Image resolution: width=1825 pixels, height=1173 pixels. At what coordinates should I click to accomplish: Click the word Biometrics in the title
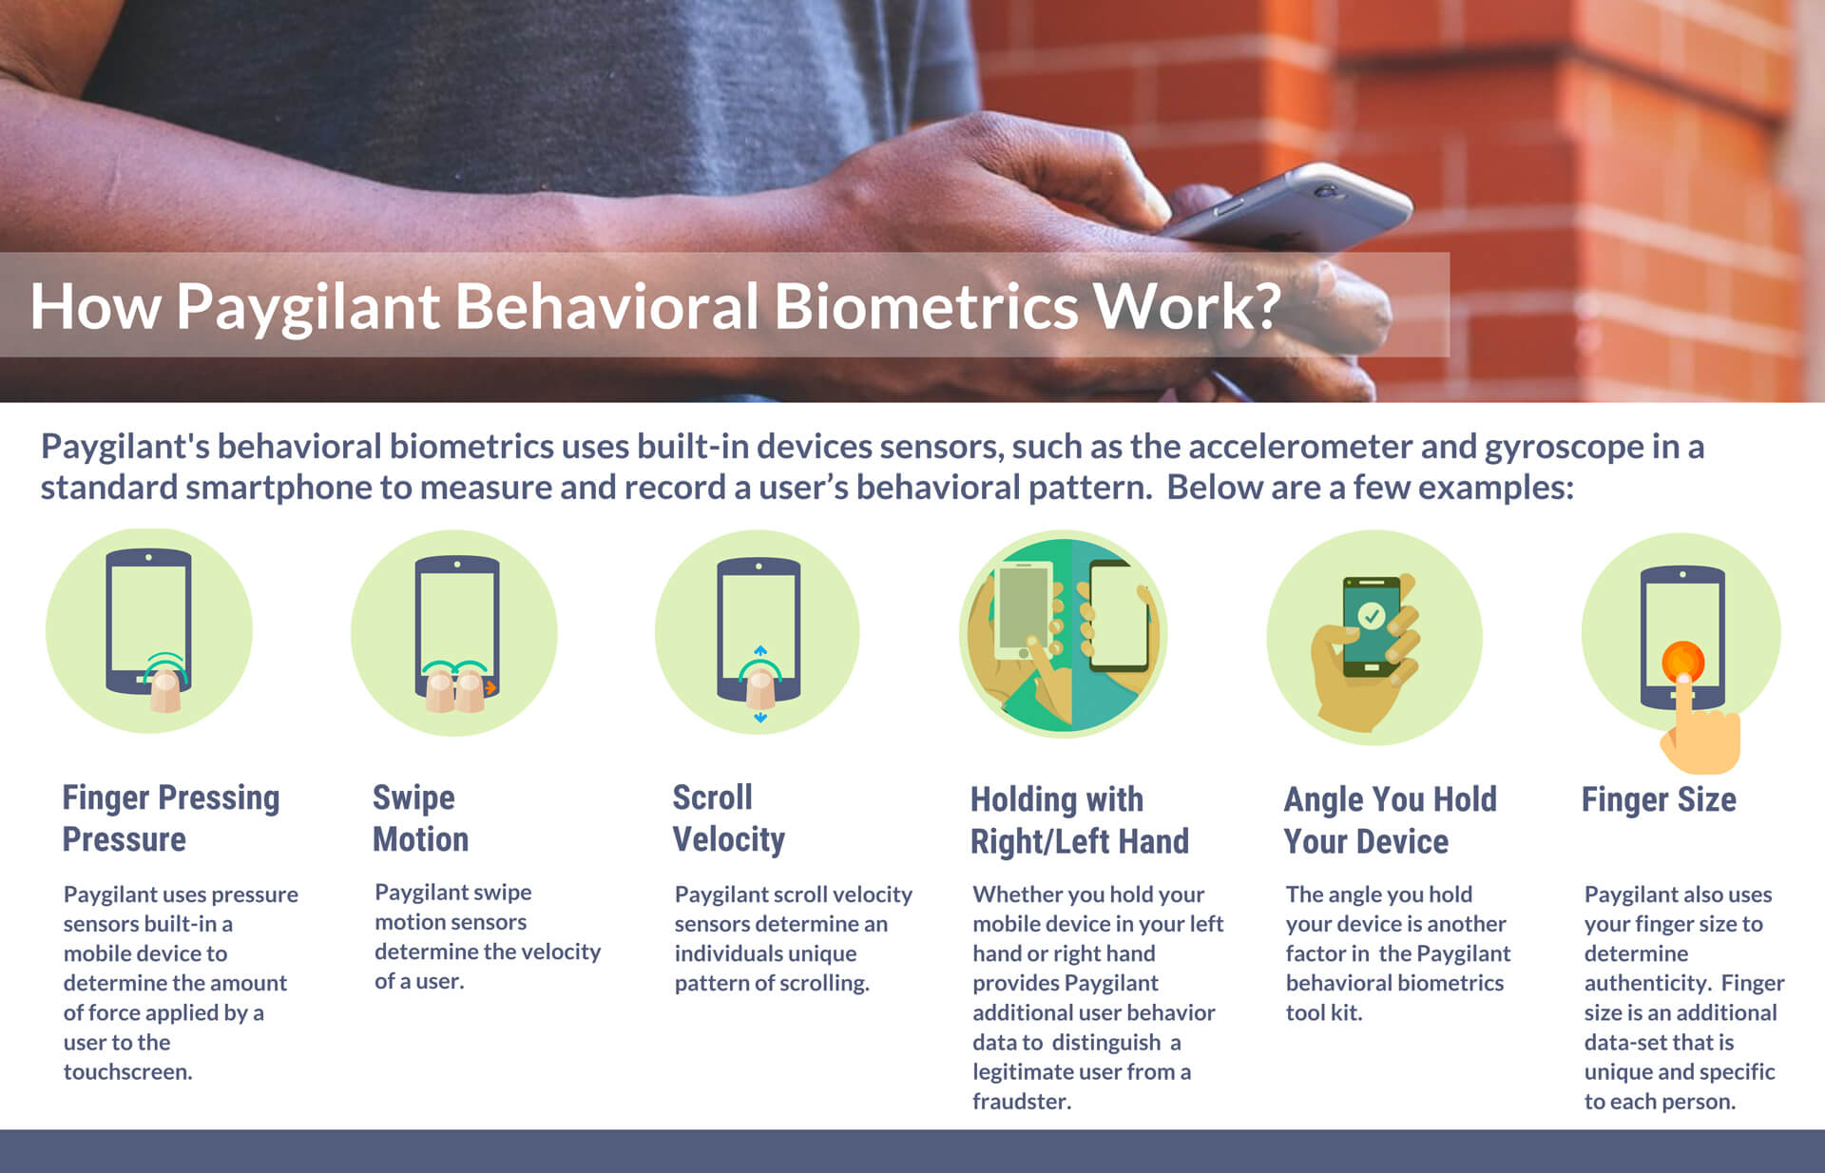[x=926, y=306]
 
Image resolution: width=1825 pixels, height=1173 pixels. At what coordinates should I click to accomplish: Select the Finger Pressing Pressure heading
[x=171, y=818]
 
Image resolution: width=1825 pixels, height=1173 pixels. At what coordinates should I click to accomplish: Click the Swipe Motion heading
[x=420, y=818]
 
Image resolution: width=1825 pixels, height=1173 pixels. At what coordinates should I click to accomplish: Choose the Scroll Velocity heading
[x=729, y=818]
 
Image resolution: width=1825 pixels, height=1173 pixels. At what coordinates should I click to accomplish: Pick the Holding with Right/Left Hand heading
[x=1080, y=820]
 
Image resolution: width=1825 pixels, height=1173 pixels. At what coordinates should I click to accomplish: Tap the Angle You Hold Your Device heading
[x=1391, y=820]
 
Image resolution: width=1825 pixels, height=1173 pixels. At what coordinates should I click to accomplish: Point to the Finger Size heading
[x=1659, y=800]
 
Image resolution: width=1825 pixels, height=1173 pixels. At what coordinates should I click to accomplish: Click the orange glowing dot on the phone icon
[x=1682, y=662]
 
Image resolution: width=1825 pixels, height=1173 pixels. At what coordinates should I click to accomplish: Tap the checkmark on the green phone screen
[x=1371, y=616]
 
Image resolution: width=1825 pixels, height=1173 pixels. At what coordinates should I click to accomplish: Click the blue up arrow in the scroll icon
[x=760, y=651]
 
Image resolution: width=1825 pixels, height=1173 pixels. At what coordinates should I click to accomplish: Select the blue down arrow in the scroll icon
[x=760, y=718]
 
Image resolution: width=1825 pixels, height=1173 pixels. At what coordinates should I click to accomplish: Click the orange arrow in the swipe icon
[x=490, y=687]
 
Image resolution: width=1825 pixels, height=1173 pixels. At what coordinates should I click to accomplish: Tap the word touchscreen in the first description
[x=128, y=1071]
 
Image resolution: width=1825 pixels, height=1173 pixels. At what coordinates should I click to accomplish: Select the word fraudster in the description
[x=1022, y=1101]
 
